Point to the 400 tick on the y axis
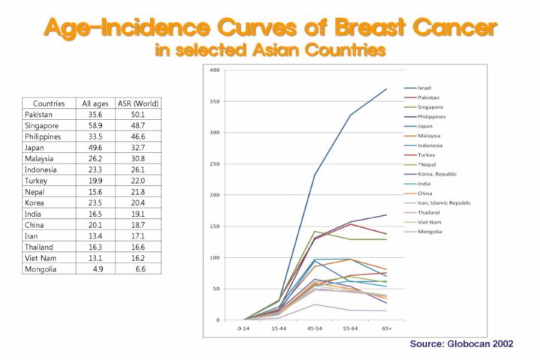215,70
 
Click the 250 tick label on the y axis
215,164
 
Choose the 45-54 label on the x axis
315,328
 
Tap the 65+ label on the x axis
387,328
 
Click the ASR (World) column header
138,103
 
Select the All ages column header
96,103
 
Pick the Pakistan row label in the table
38,114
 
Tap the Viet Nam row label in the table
39,258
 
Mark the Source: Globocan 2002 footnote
460,343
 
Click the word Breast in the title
346,28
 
